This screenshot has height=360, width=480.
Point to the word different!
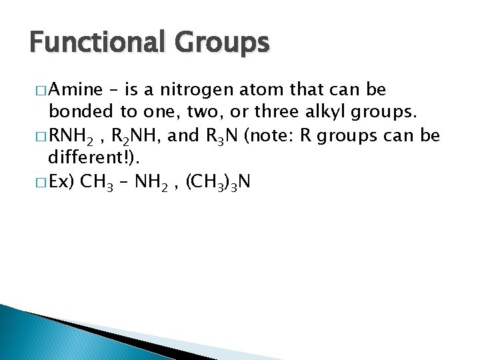coord(92,159)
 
